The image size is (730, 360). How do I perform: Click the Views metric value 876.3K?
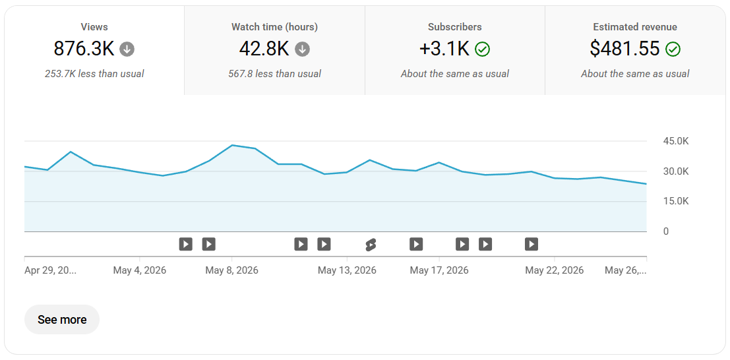point(84,48)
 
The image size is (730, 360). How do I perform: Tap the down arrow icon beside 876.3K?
point(127,49)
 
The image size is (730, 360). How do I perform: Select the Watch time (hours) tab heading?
point(275,27)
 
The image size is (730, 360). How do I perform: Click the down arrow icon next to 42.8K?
point(303,49)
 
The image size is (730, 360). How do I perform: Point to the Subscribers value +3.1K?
point(444,48)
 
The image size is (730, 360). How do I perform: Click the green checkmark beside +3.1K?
point(482,49)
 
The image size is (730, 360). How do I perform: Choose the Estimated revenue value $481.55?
point(624,48)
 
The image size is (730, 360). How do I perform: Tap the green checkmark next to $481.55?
point(673,49)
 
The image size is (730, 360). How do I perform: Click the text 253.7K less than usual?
point(94,74)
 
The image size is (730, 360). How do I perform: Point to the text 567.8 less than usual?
point(275,74)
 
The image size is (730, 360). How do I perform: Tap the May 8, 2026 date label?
point(232,270)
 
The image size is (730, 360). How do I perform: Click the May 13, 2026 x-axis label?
point(348,270)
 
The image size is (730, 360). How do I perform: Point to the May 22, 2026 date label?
point(555,270)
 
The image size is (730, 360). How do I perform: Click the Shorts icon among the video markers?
point(371,244)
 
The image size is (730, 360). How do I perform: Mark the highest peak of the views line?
point(232,145)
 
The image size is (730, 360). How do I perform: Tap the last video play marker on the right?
point(532,243)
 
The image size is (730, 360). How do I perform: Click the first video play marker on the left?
point(186,243)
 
